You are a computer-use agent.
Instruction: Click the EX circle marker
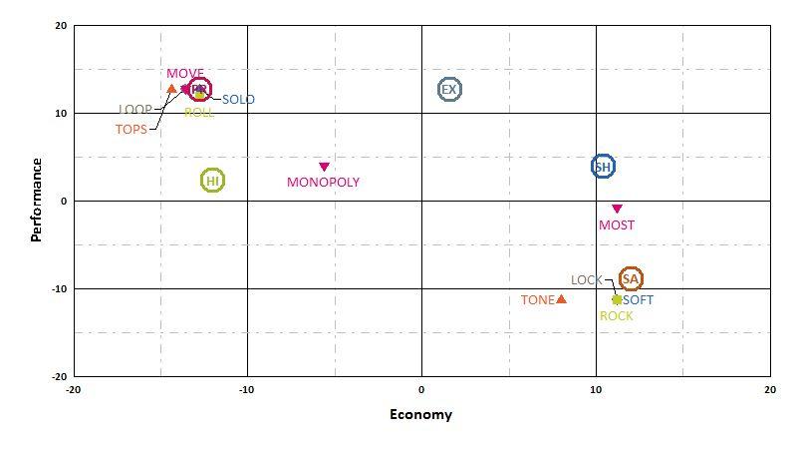point(449,89)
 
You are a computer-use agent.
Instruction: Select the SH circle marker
point(603,167)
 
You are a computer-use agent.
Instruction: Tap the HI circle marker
point(212,181)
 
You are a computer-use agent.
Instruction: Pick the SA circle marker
point(631,279)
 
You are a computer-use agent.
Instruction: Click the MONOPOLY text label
point(323,183)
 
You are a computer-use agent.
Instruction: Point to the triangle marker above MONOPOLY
point(324,167)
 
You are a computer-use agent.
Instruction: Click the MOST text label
point(617,225)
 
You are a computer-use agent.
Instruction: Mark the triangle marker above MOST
point(617,209)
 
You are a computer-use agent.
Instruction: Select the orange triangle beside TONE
point(562,298)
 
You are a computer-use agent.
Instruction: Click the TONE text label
point(537,300)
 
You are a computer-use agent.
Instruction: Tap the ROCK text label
point(617,316)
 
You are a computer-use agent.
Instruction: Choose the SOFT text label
point(639,300)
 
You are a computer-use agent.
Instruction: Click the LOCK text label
point(586,280)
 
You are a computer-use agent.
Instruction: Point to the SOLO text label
point(238,100)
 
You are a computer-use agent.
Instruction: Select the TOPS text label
point(132,129)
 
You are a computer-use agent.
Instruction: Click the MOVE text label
point(185,74)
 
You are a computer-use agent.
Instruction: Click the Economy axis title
point(420,415)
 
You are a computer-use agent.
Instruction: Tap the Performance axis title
point(37,200)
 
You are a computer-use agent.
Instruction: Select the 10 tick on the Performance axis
point(61,113)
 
